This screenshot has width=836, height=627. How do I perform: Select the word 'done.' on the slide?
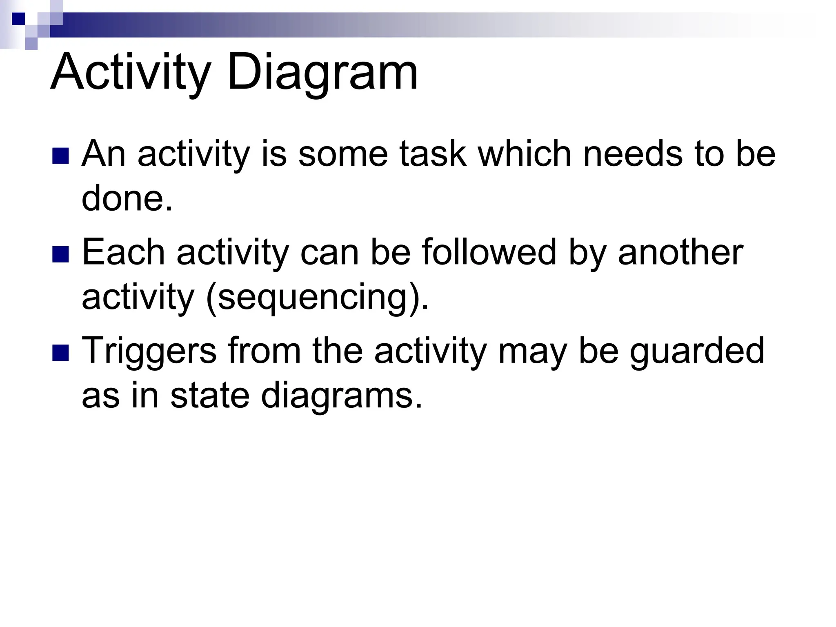(x=127, y=198)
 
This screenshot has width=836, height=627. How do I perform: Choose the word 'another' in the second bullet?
(x=680, y=252)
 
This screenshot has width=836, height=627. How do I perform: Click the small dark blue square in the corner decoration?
(x=18, y=19)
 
